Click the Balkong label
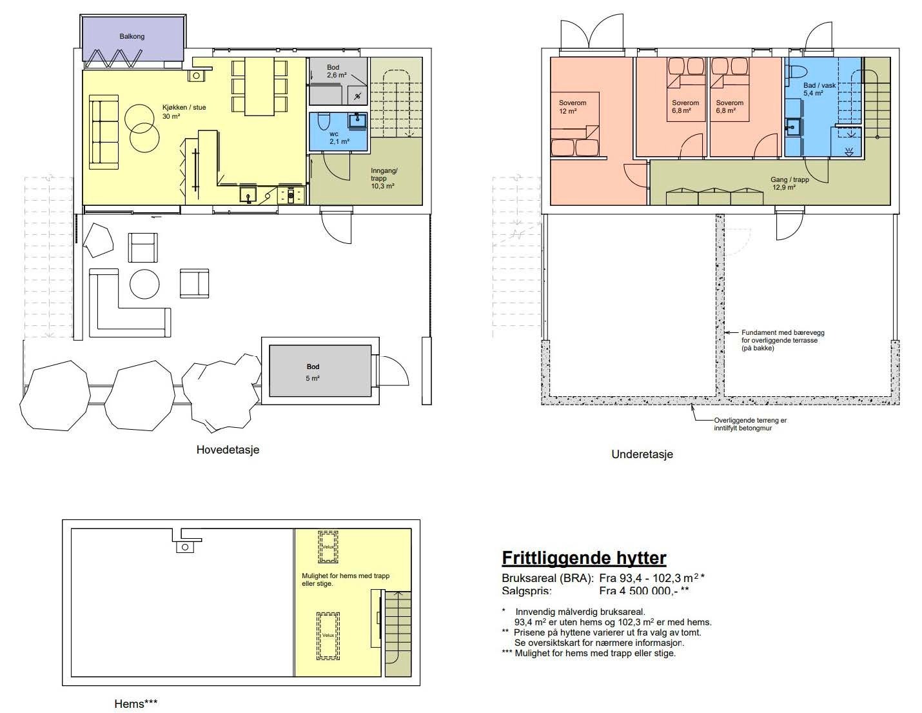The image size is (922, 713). (132, 37)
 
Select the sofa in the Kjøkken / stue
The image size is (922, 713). (104, 132)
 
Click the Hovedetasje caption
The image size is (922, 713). (228, 450)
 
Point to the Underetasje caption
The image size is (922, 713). (642, 454)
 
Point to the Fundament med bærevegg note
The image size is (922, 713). (782, 340)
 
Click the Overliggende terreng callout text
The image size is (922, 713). (750, 424)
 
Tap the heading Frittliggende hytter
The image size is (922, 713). (584, 558)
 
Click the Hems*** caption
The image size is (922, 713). (135, 703)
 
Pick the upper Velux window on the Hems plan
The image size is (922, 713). (328, 547)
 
